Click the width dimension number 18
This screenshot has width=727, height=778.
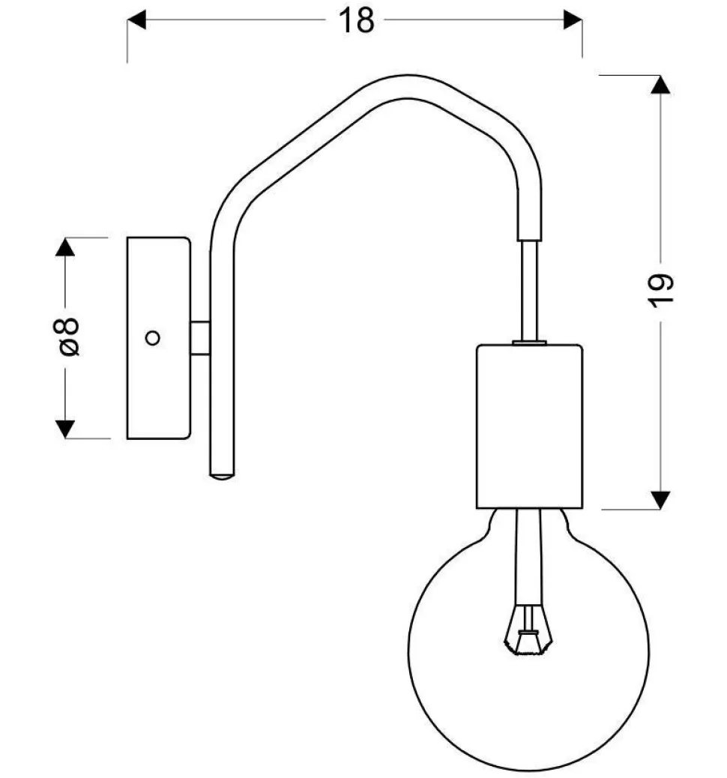[358, 21]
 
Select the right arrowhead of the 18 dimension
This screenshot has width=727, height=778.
[573, 21]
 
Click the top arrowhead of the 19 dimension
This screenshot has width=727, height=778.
[660, 85]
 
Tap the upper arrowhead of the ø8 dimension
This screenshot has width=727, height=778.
[66, 247]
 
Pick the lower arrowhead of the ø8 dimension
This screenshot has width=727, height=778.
[66, 429]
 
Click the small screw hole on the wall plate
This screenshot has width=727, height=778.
[152, 338]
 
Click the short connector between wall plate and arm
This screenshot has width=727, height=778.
[199, 337]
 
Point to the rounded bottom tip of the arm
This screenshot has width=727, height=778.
[222, 474]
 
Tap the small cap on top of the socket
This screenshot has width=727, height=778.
[529, 343]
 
